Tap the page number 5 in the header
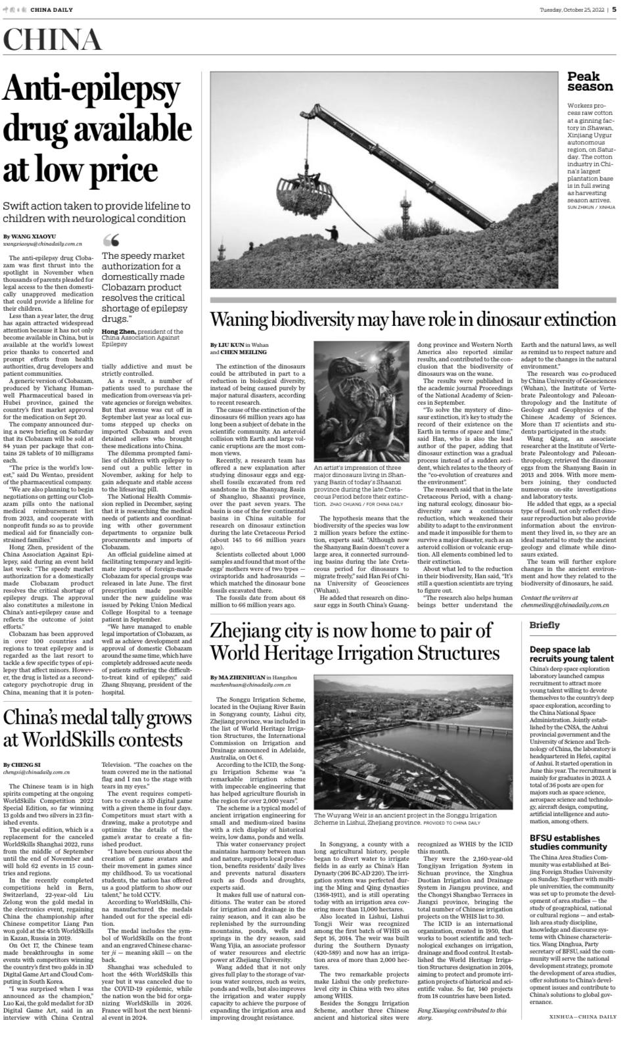(x=614, y=9)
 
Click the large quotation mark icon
(x=112, y=240)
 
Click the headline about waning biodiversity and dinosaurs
(x=413, y=320)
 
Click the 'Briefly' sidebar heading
(x=545, y=624)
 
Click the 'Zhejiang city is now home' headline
(x=355, y=641)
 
